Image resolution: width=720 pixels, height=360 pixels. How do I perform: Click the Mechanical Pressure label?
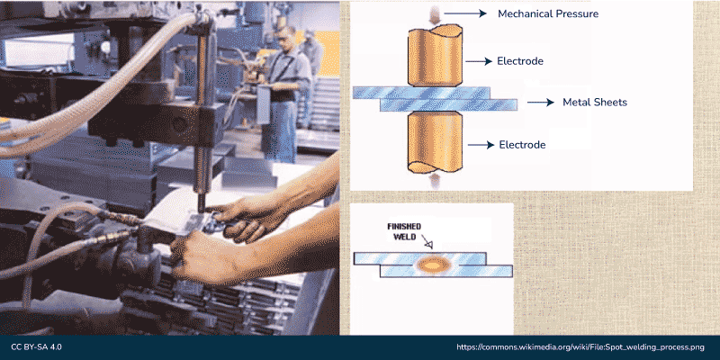[x=548, y=13]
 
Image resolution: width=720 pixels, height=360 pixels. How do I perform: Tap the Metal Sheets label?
[x=595, y=103]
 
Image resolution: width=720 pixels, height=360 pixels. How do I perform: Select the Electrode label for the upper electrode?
[x=520, y=61]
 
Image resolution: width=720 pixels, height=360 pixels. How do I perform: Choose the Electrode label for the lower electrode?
[x=523, y=145]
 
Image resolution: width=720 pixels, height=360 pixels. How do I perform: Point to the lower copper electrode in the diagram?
[x=435, y=142]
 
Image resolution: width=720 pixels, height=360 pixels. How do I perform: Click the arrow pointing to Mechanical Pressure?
[x=465, y=13]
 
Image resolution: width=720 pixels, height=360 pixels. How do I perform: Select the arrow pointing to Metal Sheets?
[x=541, y=103]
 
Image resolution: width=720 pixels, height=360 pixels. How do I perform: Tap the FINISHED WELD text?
[x=404, y=231]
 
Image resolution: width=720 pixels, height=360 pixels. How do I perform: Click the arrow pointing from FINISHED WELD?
[x=428, y=242]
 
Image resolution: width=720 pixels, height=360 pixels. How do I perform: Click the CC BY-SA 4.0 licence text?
[x=36, y=347]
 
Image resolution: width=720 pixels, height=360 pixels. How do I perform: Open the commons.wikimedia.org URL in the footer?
[x=580, y=347]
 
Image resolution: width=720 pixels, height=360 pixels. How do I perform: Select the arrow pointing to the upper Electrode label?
[x=479, y=61]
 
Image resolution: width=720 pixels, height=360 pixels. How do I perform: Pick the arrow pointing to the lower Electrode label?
[x=481, y=145]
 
